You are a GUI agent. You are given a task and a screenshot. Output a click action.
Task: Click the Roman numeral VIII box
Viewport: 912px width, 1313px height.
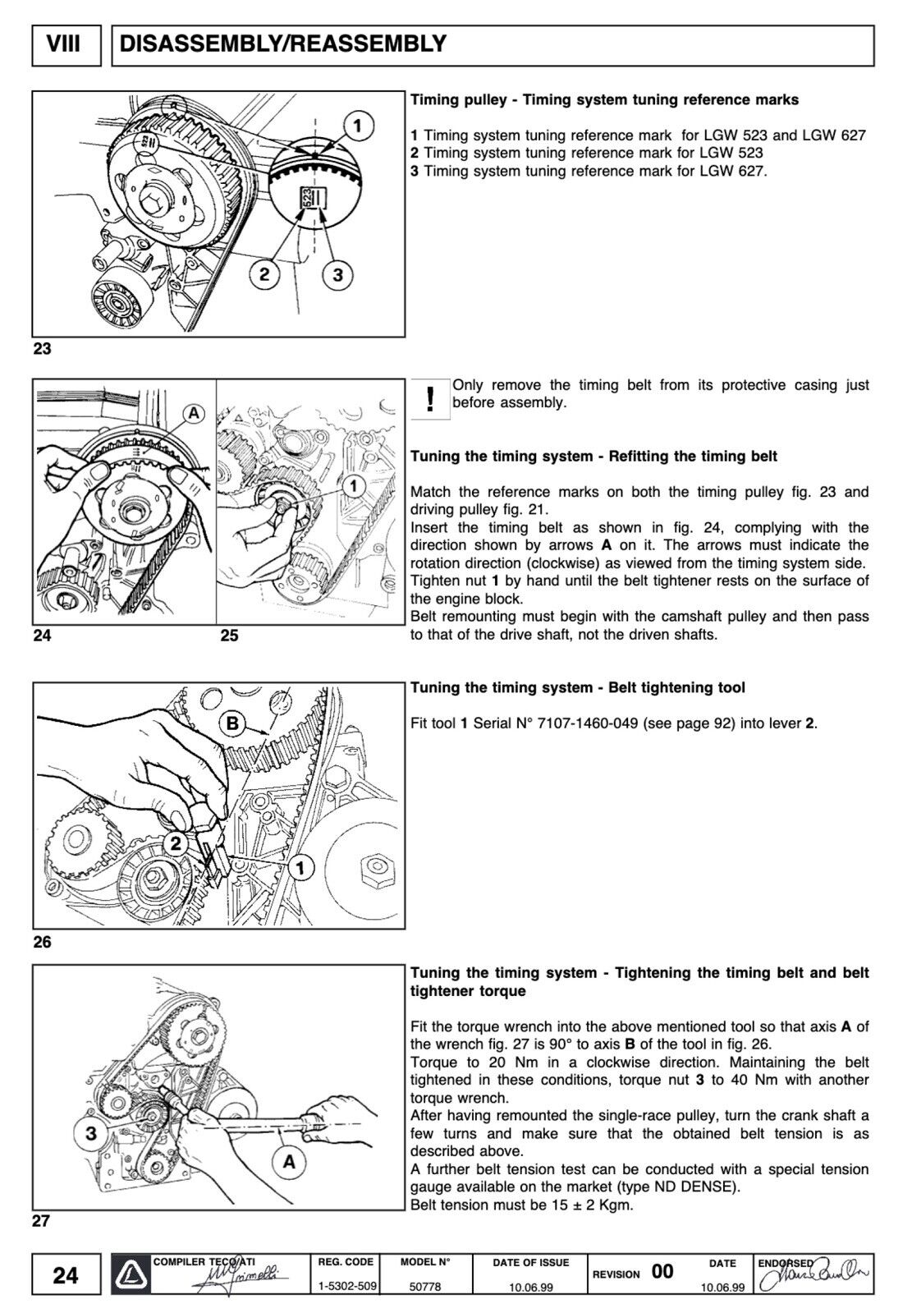(64, 44)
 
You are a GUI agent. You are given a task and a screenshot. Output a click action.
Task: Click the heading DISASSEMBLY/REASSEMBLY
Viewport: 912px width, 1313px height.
(283, 44)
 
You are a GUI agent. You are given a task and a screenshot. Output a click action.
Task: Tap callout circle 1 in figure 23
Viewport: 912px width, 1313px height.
(358, 126)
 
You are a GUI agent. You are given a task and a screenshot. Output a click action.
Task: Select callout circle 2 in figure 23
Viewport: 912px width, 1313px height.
(265, 274)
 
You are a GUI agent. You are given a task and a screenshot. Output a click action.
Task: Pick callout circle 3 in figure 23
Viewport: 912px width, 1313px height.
(337, 274)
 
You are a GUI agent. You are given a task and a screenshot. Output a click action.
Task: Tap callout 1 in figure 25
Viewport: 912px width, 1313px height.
(353, 486)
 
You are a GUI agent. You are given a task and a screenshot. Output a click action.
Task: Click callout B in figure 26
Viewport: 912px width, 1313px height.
(233, 723)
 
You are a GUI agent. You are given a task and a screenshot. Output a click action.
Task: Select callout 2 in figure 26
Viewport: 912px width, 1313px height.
(175, 842)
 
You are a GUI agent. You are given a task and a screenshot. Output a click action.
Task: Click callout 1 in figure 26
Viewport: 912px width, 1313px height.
(300, 867)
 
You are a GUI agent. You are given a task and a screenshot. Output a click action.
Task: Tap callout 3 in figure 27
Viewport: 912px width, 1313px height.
(91, 1134)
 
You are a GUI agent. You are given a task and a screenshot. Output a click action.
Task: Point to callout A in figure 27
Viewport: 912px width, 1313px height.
(289, 1161)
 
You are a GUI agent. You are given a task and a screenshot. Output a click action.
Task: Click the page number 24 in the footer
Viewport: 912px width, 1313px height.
(66, 1274)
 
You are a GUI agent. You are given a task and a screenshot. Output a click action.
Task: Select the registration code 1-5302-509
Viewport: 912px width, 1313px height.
(347, 1287)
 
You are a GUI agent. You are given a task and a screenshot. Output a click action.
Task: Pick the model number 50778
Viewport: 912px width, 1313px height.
(425, 1287)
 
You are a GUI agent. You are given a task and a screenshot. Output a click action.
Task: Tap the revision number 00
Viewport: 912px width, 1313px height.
(662, 1272)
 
